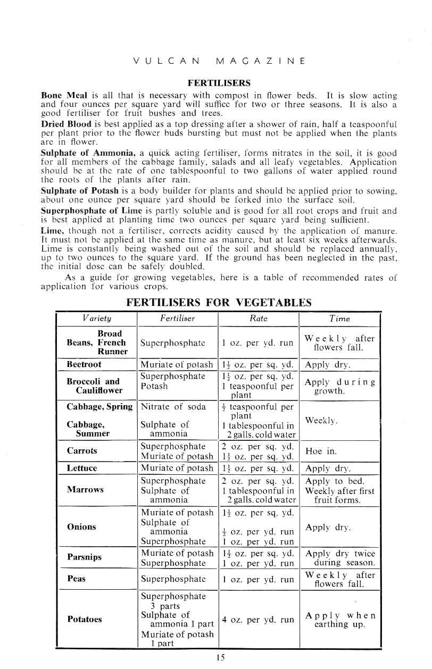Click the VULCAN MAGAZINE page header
[x=219, y=61]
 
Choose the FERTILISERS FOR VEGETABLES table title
[x=219, y=303]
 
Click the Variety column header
[x=96, y=319]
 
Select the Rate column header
[x=259, y=319]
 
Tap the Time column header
[x=339, y=319]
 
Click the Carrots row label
[x=81, y=451]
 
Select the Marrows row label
[x=85, y=489]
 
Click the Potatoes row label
[x=85, y=620]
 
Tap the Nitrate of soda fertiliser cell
[x=173, y=407]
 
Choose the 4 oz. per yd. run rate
[x=257, y=620]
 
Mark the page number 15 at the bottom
[x=219, y=657]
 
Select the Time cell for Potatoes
[x=340, y=620]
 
